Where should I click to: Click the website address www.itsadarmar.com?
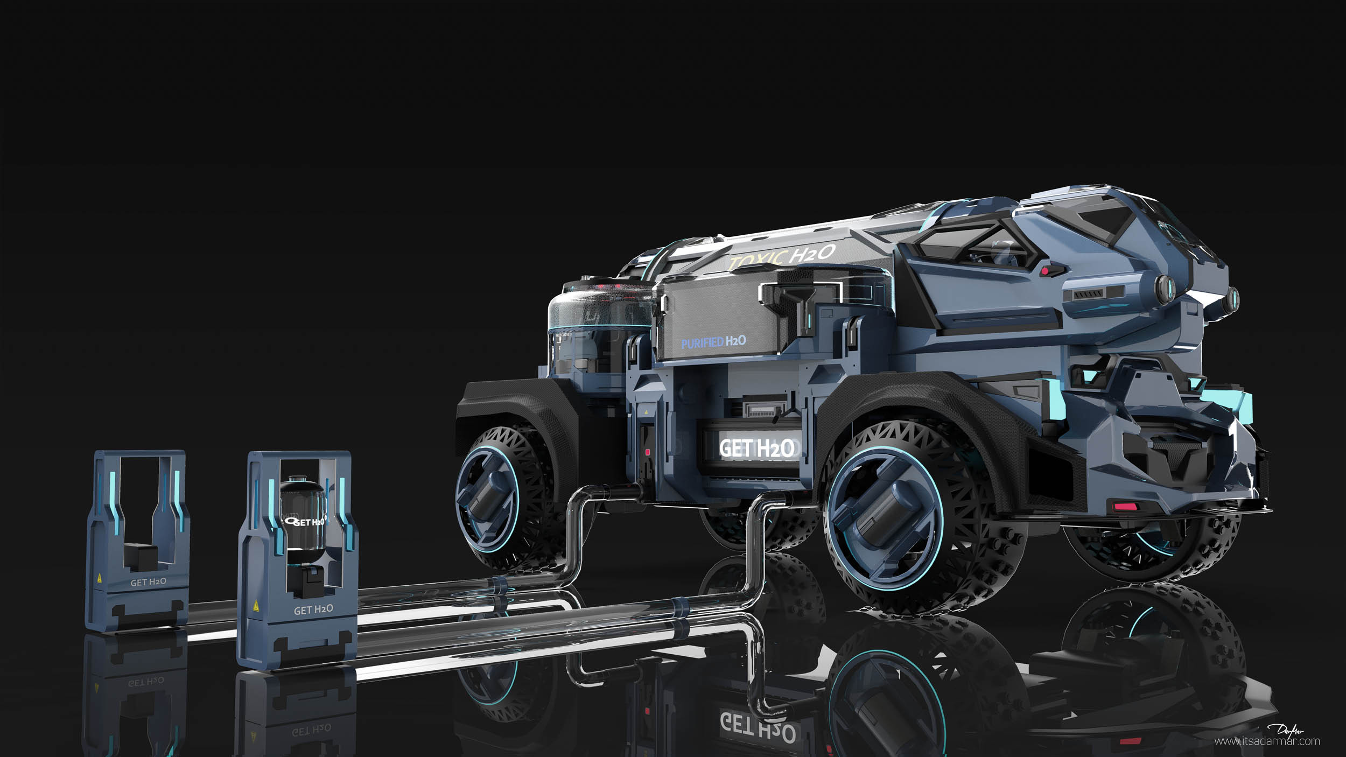tap(1267, 741)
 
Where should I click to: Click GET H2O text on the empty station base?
tap(148, 582)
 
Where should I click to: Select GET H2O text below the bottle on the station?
tap(313, 609)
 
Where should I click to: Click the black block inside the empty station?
tap(141, 556)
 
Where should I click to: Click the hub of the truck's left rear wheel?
tap(487, 496)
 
